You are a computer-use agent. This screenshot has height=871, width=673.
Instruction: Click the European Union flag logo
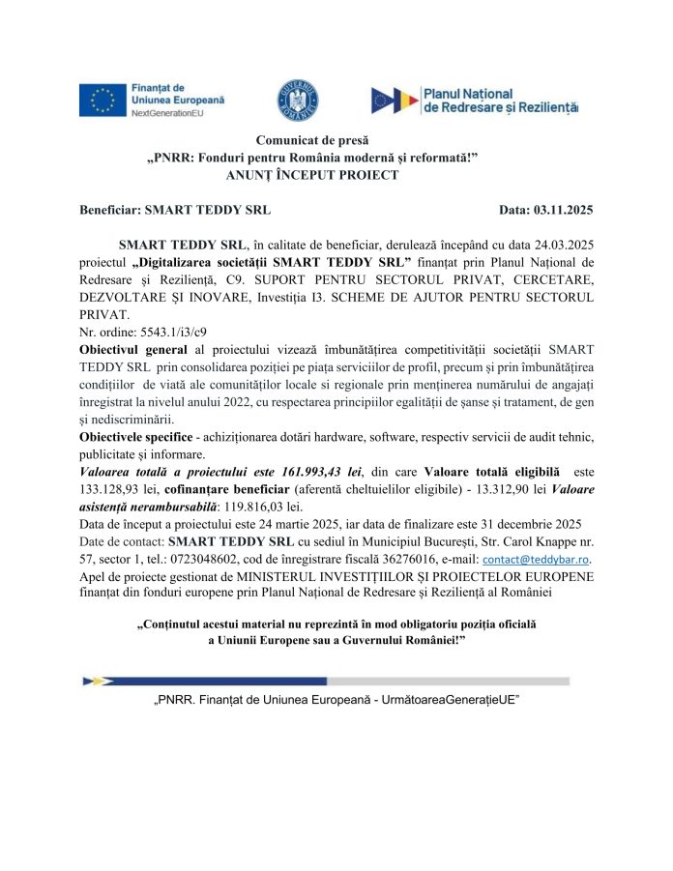(101, 101)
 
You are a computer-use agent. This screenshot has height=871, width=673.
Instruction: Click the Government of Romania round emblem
(291, 100)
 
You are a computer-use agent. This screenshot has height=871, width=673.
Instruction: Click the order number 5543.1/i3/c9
(159, 331)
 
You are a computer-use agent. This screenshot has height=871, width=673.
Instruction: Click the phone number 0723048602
(239, 559)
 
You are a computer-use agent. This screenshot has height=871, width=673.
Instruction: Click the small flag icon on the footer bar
(97, 681)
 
